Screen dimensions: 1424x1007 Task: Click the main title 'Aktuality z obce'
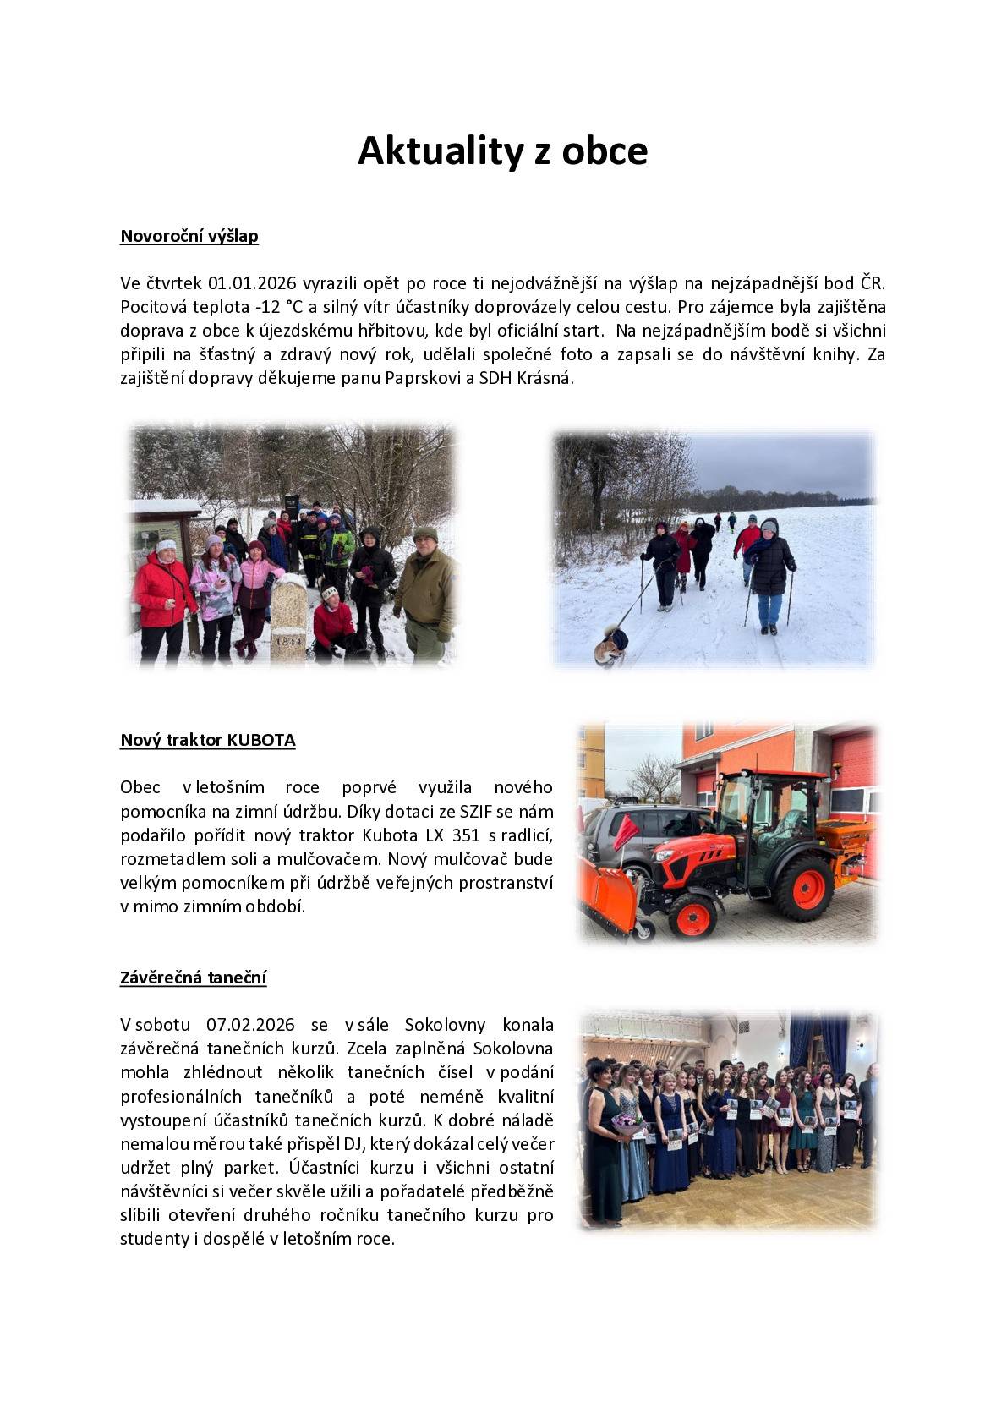502,151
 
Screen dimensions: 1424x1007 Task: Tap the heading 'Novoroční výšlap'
189,236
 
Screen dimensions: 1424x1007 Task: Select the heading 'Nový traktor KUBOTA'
208,740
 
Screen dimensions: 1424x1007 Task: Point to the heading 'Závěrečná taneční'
194,978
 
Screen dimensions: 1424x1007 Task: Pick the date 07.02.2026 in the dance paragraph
250,1025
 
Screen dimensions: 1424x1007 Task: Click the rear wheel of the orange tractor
803,886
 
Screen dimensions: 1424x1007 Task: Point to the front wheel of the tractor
692,914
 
